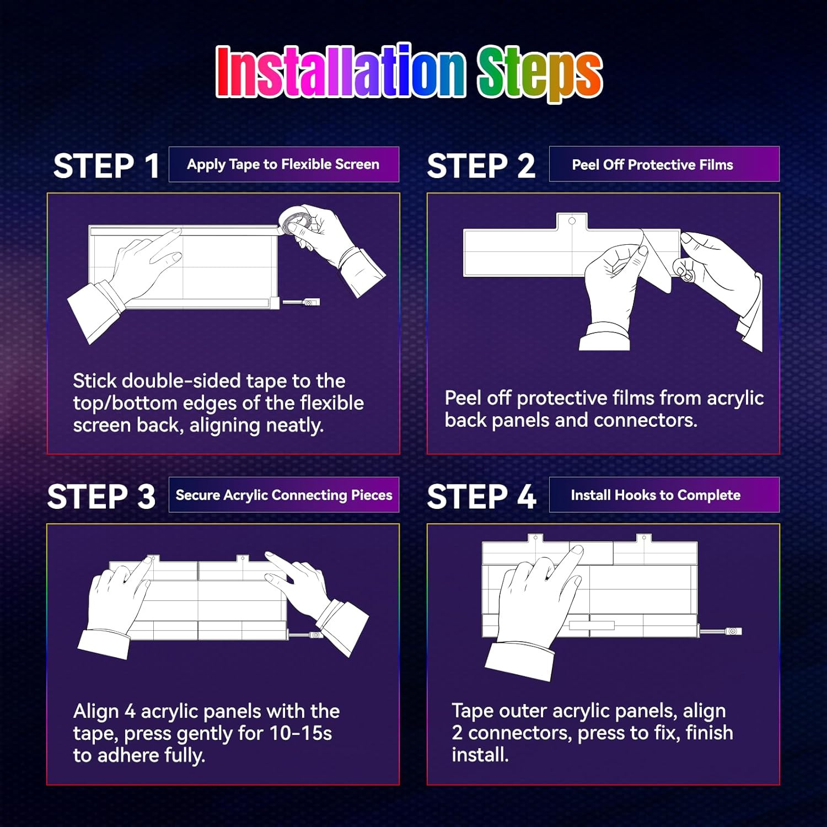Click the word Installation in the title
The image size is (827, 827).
[340, 72]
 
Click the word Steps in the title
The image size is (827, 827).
[539, 73]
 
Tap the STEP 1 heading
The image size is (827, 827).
[106, 165]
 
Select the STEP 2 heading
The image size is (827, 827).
[481, 165]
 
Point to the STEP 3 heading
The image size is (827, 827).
[101, 496]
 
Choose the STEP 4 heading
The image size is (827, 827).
[481, 496]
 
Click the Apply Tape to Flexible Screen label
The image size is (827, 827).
[283, 164]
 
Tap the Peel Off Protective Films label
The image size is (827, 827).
[653, 164]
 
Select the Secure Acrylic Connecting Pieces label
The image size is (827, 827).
[284, 495]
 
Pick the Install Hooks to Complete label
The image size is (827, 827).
[656, 495]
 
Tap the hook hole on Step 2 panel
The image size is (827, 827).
[572, 221]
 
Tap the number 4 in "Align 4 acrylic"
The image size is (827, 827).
[130, 711]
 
